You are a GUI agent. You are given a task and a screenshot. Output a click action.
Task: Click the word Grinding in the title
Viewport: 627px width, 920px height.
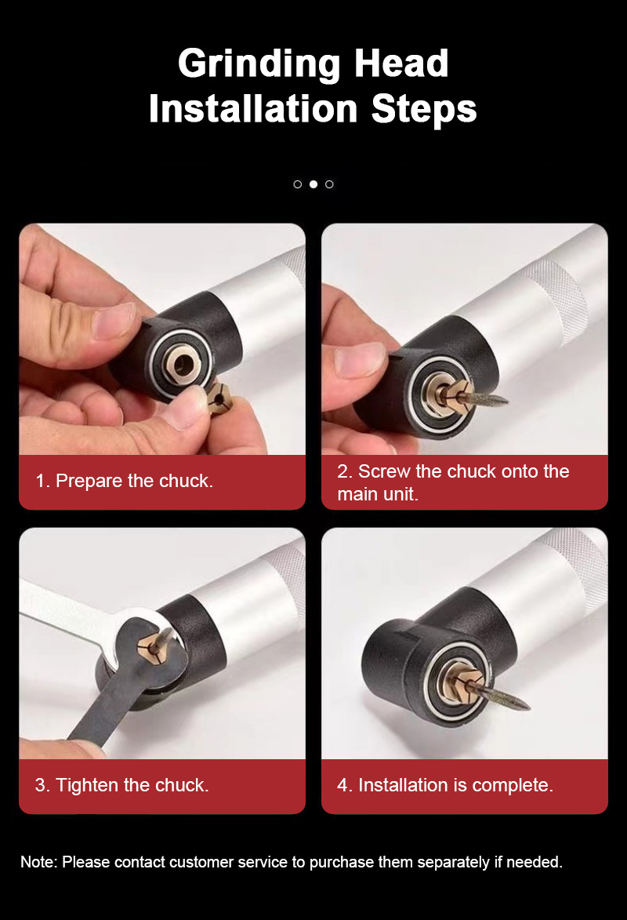pos(259,64)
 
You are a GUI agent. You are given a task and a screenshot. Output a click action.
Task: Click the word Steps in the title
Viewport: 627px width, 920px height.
pos(424,110)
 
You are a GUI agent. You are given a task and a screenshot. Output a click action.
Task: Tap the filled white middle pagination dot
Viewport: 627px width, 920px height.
pos(313,184)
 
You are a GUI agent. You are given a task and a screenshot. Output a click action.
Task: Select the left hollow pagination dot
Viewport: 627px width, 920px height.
pos(297,184)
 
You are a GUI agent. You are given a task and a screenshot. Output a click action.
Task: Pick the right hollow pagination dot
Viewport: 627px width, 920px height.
pos(329,184)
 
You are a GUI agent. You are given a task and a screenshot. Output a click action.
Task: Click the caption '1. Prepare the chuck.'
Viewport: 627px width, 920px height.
pos(124,481)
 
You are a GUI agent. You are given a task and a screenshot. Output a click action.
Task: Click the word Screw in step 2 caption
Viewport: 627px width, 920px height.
pos(384,471)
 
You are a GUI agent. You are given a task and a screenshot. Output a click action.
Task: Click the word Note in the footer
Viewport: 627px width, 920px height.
pos(38,862)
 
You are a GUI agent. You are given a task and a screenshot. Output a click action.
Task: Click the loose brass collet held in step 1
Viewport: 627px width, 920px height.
pos(219,402)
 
